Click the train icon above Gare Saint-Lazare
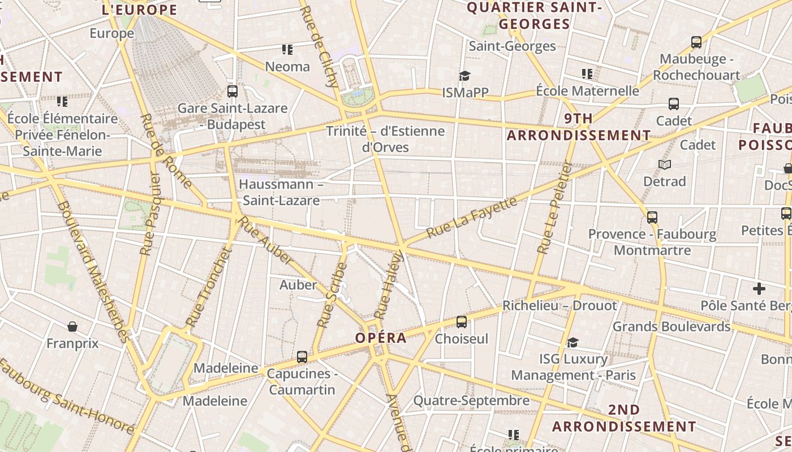point(232,92)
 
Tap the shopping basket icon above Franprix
point(72,327)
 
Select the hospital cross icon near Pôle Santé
point(759,289)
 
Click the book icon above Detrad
point(665,164)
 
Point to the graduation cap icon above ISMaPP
point(464,76)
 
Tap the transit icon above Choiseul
point(462,322)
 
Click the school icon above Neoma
point(287,50)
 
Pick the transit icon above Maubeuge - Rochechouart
point(696,42)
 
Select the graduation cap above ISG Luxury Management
point(573,342)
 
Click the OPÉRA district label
point(381,338)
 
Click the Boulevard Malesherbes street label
point(91,271)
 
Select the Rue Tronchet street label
point(209,288)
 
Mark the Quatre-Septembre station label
point(471,401)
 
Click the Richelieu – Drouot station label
point(559,306)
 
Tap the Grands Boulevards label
point(672,327)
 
